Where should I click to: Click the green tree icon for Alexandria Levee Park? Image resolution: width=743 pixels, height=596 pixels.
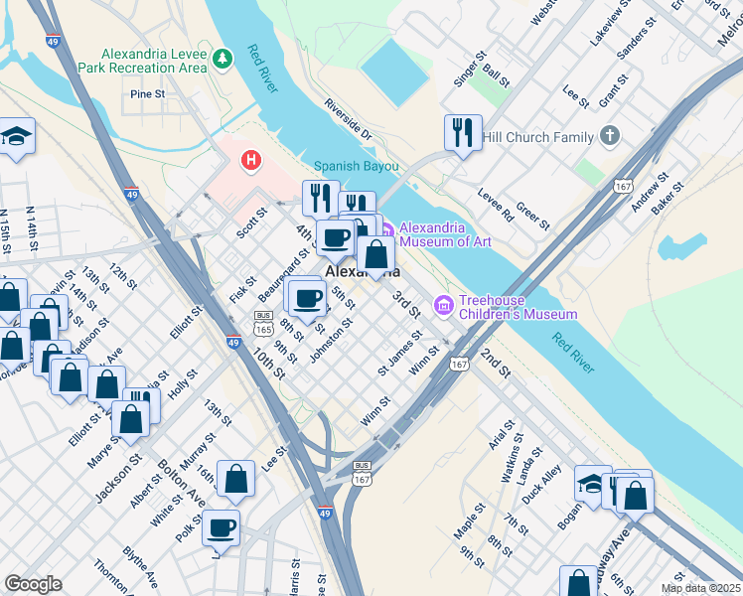pos(224,60)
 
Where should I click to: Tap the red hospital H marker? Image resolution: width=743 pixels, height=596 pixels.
pos(251,159)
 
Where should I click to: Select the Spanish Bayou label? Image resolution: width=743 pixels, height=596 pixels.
pos(356,166)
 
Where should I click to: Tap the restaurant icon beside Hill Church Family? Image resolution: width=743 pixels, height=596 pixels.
pos(462,133)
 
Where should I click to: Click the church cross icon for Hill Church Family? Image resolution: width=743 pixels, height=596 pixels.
pos(609,136)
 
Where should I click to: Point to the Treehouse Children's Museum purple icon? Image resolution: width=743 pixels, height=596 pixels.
pos(443,304)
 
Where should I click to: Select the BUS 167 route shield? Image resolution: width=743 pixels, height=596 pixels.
pos(362,472)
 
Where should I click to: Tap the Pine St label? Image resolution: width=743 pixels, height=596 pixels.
pos(147,94)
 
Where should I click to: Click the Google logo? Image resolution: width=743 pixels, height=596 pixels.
pos(33,584)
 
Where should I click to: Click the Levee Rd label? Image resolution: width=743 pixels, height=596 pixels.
pos(495,204)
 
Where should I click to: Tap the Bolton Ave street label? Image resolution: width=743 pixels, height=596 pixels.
pos(178,484)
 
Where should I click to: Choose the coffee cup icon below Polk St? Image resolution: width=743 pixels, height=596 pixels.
pos(222,527)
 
